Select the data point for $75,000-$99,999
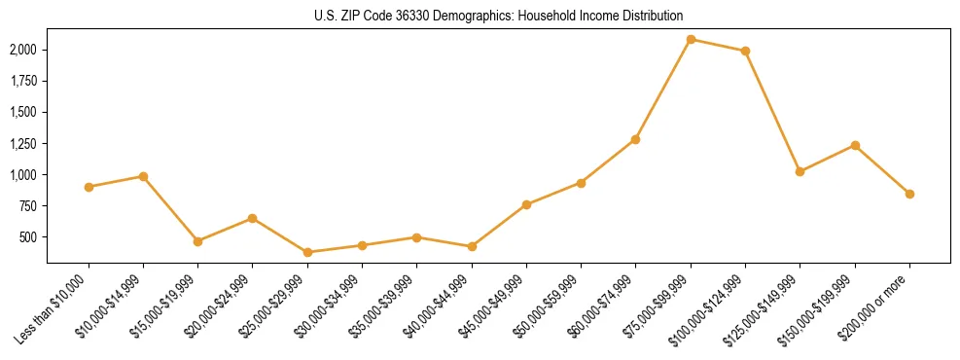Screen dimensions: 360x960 [691, 39]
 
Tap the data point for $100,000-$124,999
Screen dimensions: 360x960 [745, 51]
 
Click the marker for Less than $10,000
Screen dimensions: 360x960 [89, 187]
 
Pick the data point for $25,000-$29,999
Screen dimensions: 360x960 [307, 252]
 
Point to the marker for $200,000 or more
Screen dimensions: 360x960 [909, 194]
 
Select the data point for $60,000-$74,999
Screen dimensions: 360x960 [635, 139]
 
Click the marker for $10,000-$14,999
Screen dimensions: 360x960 [143, 176]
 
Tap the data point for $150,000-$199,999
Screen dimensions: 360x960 [855, 145]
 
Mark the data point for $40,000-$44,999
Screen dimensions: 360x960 [472, 246]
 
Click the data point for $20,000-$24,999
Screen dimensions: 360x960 [252, 218]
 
